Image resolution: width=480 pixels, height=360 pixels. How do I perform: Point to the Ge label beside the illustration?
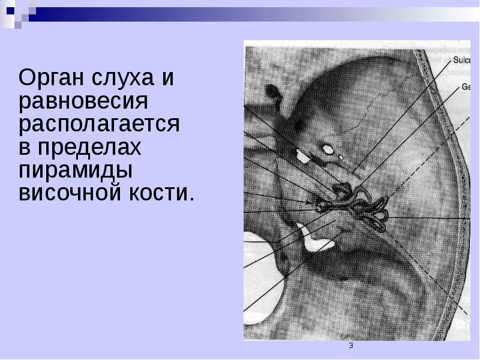click(x=466, y=87)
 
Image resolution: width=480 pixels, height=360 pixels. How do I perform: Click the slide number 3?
click(x=350, y=346)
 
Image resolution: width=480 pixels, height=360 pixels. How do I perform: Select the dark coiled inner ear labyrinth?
click(x=360, y=207)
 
